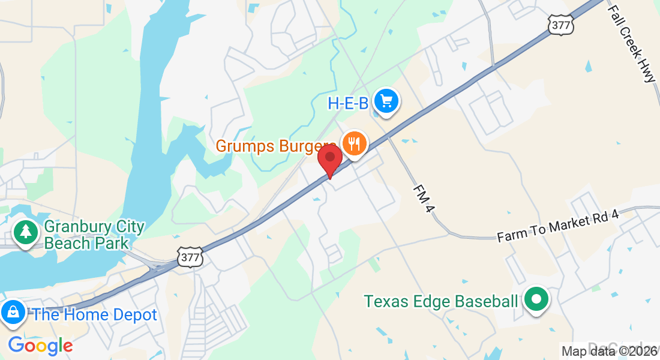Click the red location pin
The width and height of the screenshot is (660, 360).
329,159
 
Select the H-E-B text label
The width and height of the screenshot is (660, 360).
347,104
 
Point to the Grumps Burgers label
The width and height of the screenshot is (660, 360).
275,146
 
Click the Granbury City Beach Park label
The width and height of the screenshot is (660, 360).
94,235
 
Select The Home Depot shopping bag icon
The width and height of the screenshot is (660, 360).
12,313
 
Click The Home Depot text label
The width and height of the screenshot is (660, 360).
95,315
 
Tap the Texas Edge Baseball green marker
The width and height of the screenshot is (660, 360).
536,299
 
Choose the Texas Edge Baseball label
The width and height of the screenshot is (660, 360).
440,301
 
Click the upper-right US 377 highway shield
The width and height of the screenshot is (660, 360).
560,25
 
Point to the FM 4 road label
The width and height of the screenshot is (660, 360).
423,198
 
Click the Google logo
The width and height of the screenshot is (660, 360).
40,346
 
